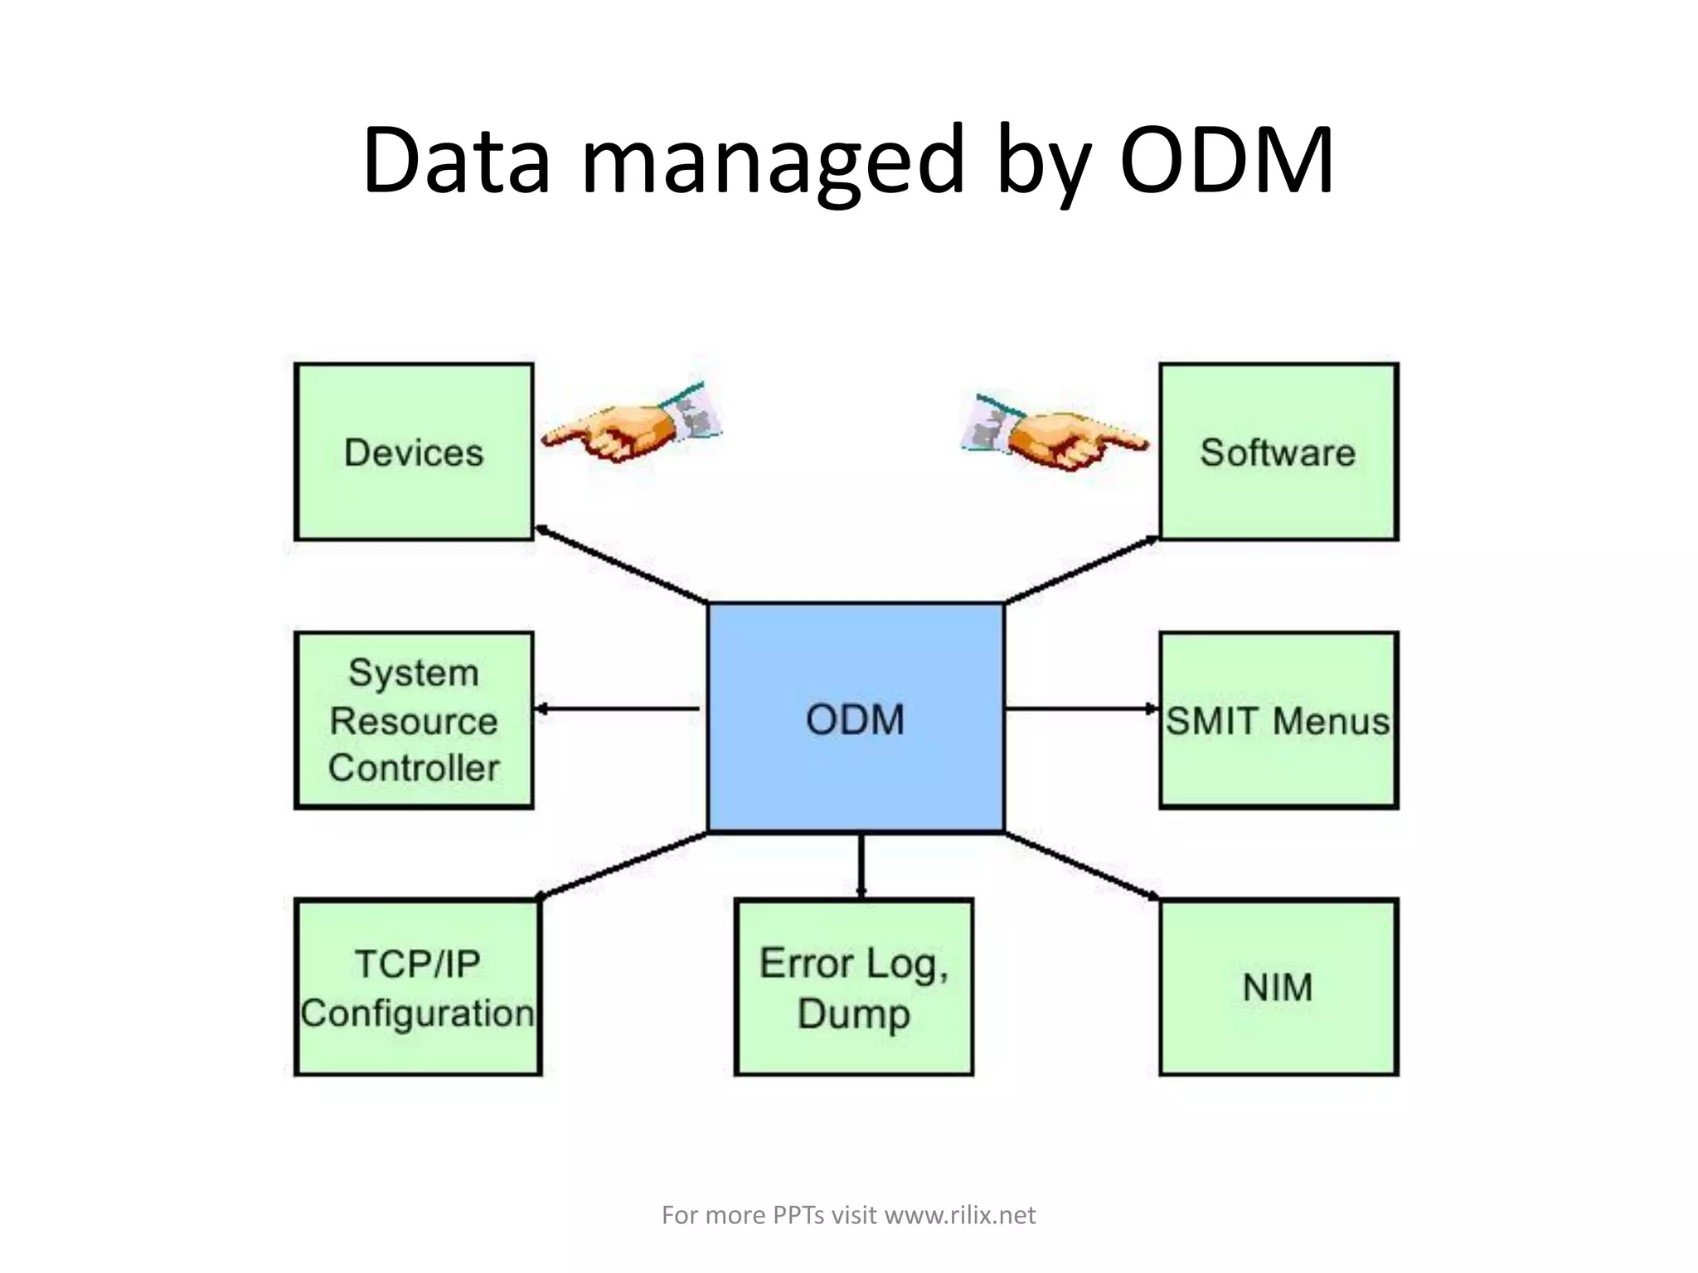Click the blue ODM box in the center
pyautogui.click(x=856, y=718)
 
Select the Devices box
pyautogui.click(x=414, y=453)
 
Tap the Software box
pyautogui.click(x=1278, y=453)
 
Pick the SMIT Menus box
pyautogui.click(x=1278, y=719)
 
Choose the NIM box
pyautogui.click(x=1278, y=987)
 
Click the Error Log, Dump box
pyautogui.click(x=854, y=987)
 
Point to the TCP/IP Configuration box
pyautogui.click(x=417, y=987)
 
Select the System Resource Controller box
pyautogui.click(x=414, y=719)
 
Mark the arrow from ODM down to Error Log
pyautogui.click(x=861, y=865)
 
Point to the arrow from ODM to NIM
pyautogui.click(x=1082, y=865)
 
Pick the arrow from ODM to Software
pyautogui.click(x=1082, y=569)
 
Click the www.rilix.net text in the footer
pyautogui.click(x=960, y=1215)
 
